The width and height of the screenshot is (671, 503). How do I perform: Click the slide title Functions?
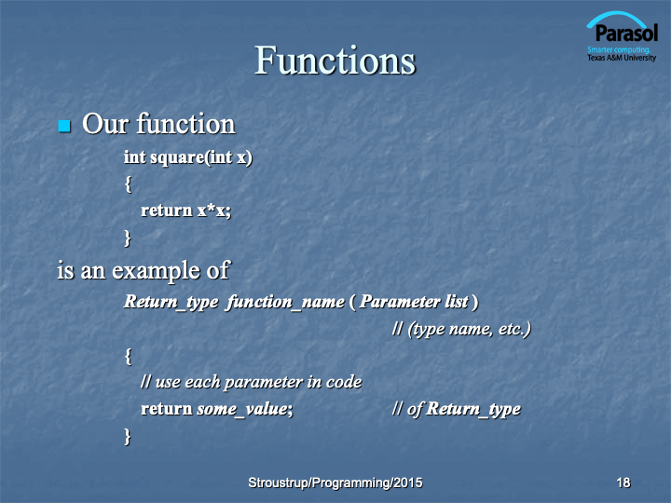[335, 61]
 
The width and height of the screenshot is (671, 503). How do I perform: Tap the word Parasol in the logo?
[626, 33]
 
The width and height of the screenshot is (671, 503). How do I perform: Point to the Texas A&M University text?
[622, 58]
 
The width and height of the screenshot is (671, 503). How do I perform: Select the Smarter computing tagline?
[619, 49]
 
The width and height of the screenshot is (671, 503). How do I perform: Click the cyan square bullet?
[64, 126]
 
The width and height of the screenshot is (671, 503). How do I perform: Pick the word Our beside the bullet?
[105, 125]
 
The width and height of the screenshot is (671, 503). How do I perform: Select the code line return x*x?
[185, 211]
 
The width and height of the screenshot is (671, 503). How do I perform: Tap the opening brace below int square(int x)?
[128, 184]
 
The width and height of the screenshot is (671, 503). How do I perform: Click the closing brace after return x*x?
[127, 238]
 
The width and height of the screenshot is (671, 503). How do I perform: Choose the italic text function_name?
[286, 302]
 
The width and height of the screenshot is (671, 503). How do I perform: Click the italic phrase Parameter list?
[414, 302]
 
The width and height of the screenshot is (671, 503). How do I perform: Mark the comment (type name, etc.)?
[461, 329]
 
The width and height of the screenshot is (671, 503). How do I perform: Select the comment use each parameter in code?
[252, 382]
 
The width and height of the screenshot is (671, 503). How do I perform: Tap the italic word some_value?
[245, 409]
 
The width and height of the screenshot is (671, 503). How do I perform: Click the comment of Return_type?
[456, 409]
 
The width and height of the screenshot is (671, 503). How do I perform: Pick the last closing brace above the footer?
[127, 437]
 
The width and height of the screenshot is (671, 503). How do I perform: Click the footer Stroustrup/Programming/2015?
[335, 483]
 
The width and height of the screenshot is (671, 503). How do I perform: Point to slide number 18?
[623, 483]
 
